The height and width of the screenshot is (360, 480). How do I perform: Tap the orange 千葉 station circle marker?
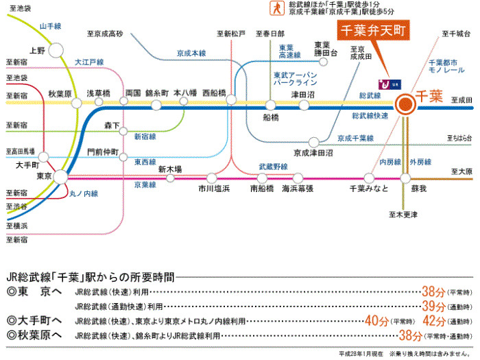(405, 104)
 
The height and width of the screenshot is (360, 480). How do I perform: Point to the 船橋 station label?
(272, 118)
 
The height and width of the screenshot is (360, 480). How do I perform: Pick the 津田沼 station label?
(302, 94)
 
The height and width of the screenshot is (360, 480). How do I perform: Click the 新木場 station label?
(169, 169)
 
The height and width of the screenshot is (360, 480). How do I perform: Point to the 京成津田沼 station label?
(313, 152)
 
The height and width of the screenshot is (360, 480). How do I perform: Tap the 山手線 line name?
(51, 26)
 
